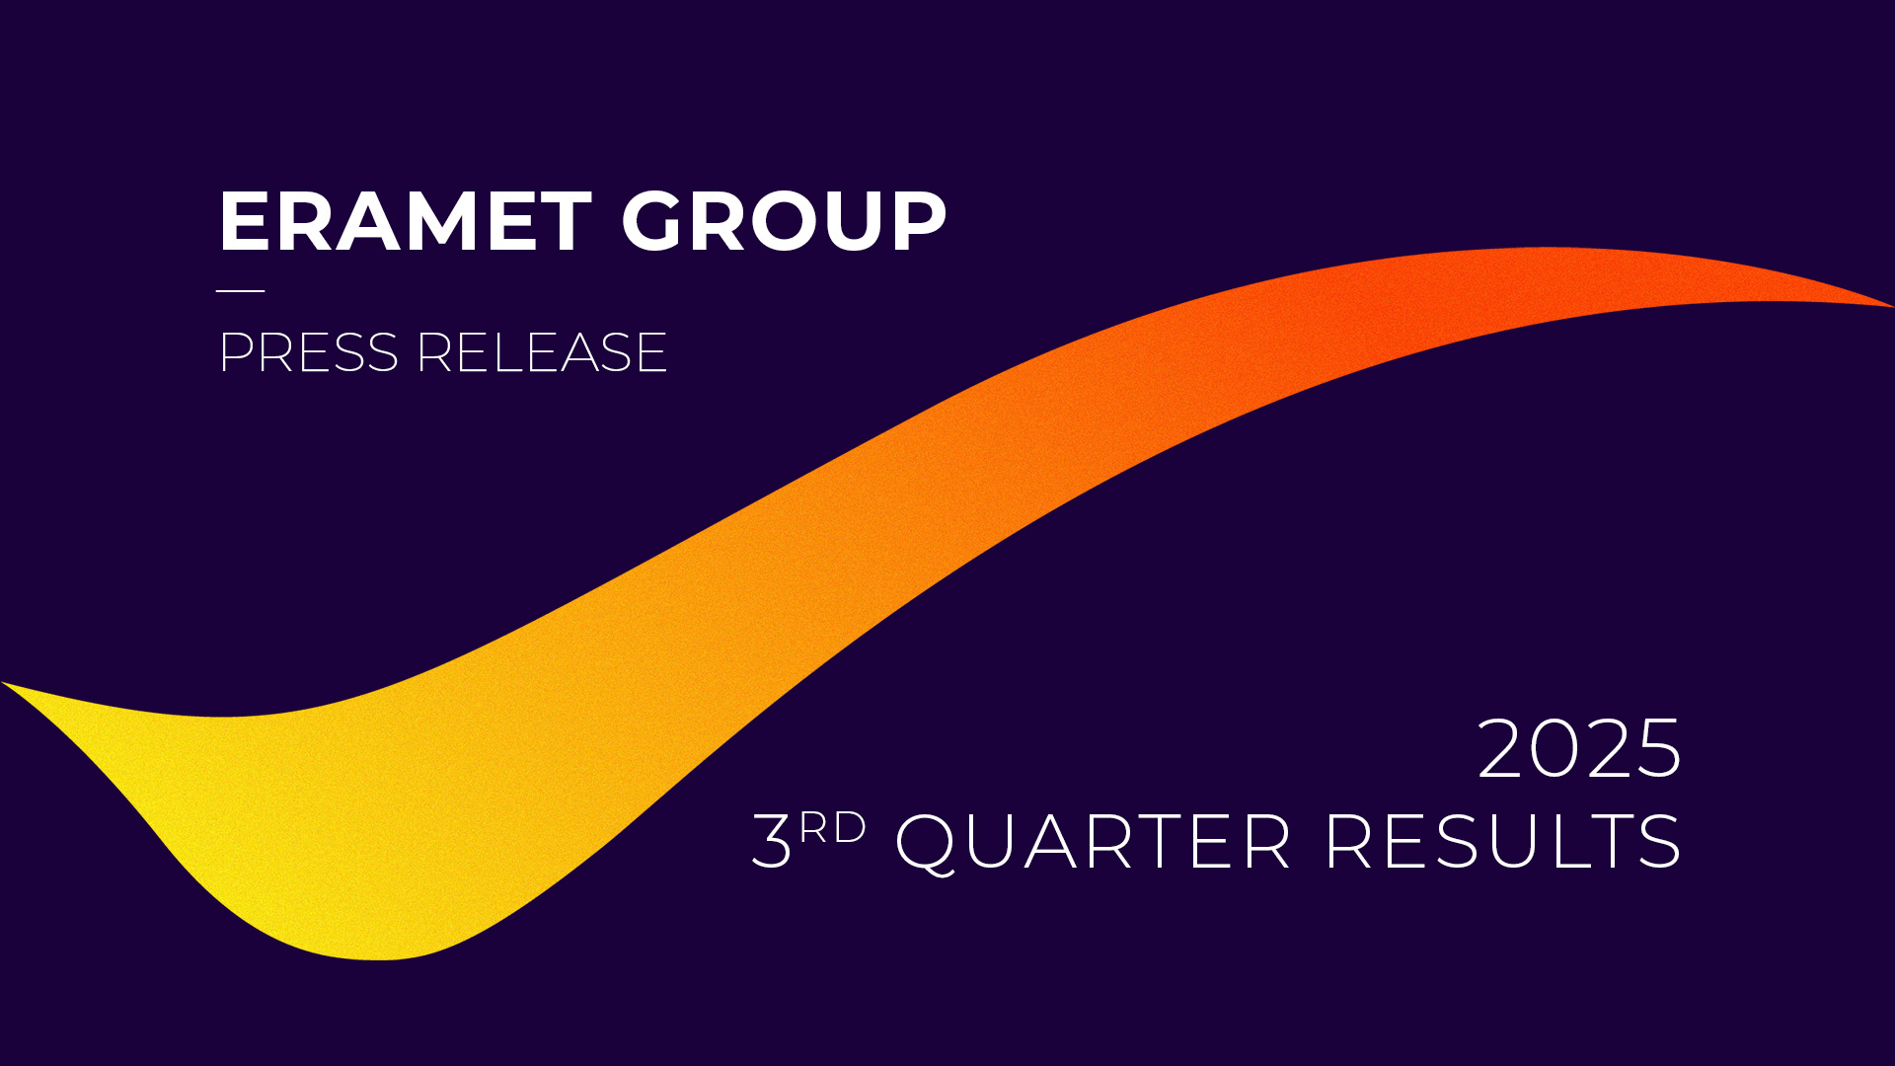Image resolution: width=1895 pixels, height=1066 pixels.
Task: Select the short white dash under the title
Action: point(241,291)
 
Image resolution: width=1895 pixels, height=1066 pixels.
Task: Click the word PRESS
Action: point(308,352)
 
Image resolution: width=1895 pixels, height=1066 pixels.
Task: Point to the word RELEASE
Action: point(542,352)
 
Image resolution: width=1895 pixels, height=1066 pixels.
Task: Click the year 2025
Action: point(1579,748)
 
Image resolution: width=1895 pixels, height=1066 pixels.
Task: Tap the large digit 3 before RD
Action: point(772,841)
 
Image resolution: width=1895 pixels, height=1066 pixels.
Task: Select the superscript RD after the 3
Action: point(833,828)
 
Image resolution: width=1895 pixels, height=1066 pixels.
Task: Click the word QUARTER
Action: point(1093,843)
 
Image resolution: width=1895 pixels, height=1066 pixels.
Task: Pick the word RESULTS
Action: point(1503,841)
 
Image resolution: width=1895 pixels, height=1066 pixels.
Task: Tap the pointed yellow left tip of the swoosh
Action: point(3,682)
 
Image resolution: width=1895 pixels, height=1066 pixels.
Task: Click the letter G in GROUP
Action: point(653,221)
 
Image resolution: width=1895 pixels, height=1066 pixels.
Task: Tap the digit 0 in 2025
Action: point(1555,748)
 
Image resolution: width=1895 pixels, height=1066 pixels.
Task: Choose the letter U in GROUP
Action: point(852,222)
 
